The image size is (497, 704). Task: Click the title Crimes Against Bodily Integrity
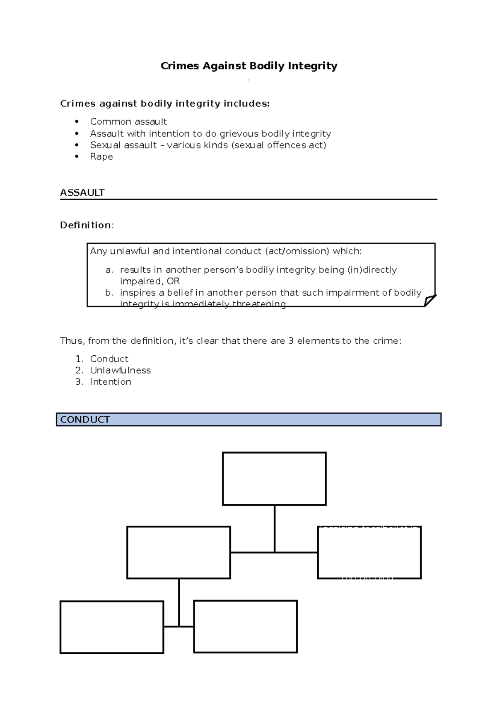[249, 66]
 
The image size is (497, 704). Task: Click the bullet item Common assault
[128, 121]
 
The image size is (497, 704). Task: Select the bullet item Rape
[101, 156]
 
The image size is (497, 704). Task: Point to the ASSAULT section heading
[82, 192]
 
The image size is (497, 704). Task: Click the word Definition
[86, 225]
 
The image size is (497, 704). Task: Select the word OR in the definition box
[173, 281]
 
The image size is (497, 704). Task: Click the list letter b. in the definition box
[109, 293]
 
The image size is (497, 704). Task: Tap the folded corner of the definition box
[430, 300]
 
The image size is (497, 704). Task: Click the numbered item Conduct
[109, 359]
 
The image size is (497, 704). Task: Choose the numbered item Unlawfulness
[121, 370]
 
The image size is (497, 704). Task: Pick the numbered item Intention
[111, 382]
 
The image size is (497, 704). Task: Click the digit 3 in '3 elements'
[291, 341]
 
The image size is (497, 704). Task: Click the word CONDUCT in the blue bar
[85, 420]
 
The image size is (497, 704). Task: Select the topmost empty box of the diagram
[274, 478]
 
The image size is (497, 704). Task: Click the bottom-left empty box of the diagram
[112, 627]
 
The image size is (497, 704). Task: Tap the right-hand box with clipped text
[369, 552]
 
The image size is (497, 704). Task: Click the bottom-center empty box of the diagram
[245, 626]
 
